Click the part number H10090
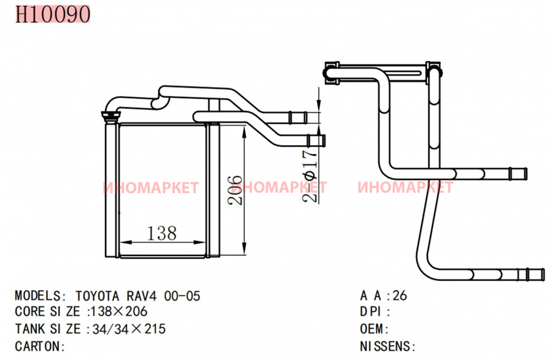click(x=53, y=14)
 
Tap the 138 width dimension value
click(x=162, y=233)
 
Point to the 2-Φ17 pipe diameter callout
click(x=310, y=176)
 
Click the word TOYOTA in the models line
click(x=97, y=296)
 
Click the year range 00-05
click(x=182, y=296)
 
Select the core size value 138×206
click(x=119, y=312)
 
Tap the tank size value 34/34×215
click(x=129, y=329)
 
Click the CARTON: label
click(x=40, y=346)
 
